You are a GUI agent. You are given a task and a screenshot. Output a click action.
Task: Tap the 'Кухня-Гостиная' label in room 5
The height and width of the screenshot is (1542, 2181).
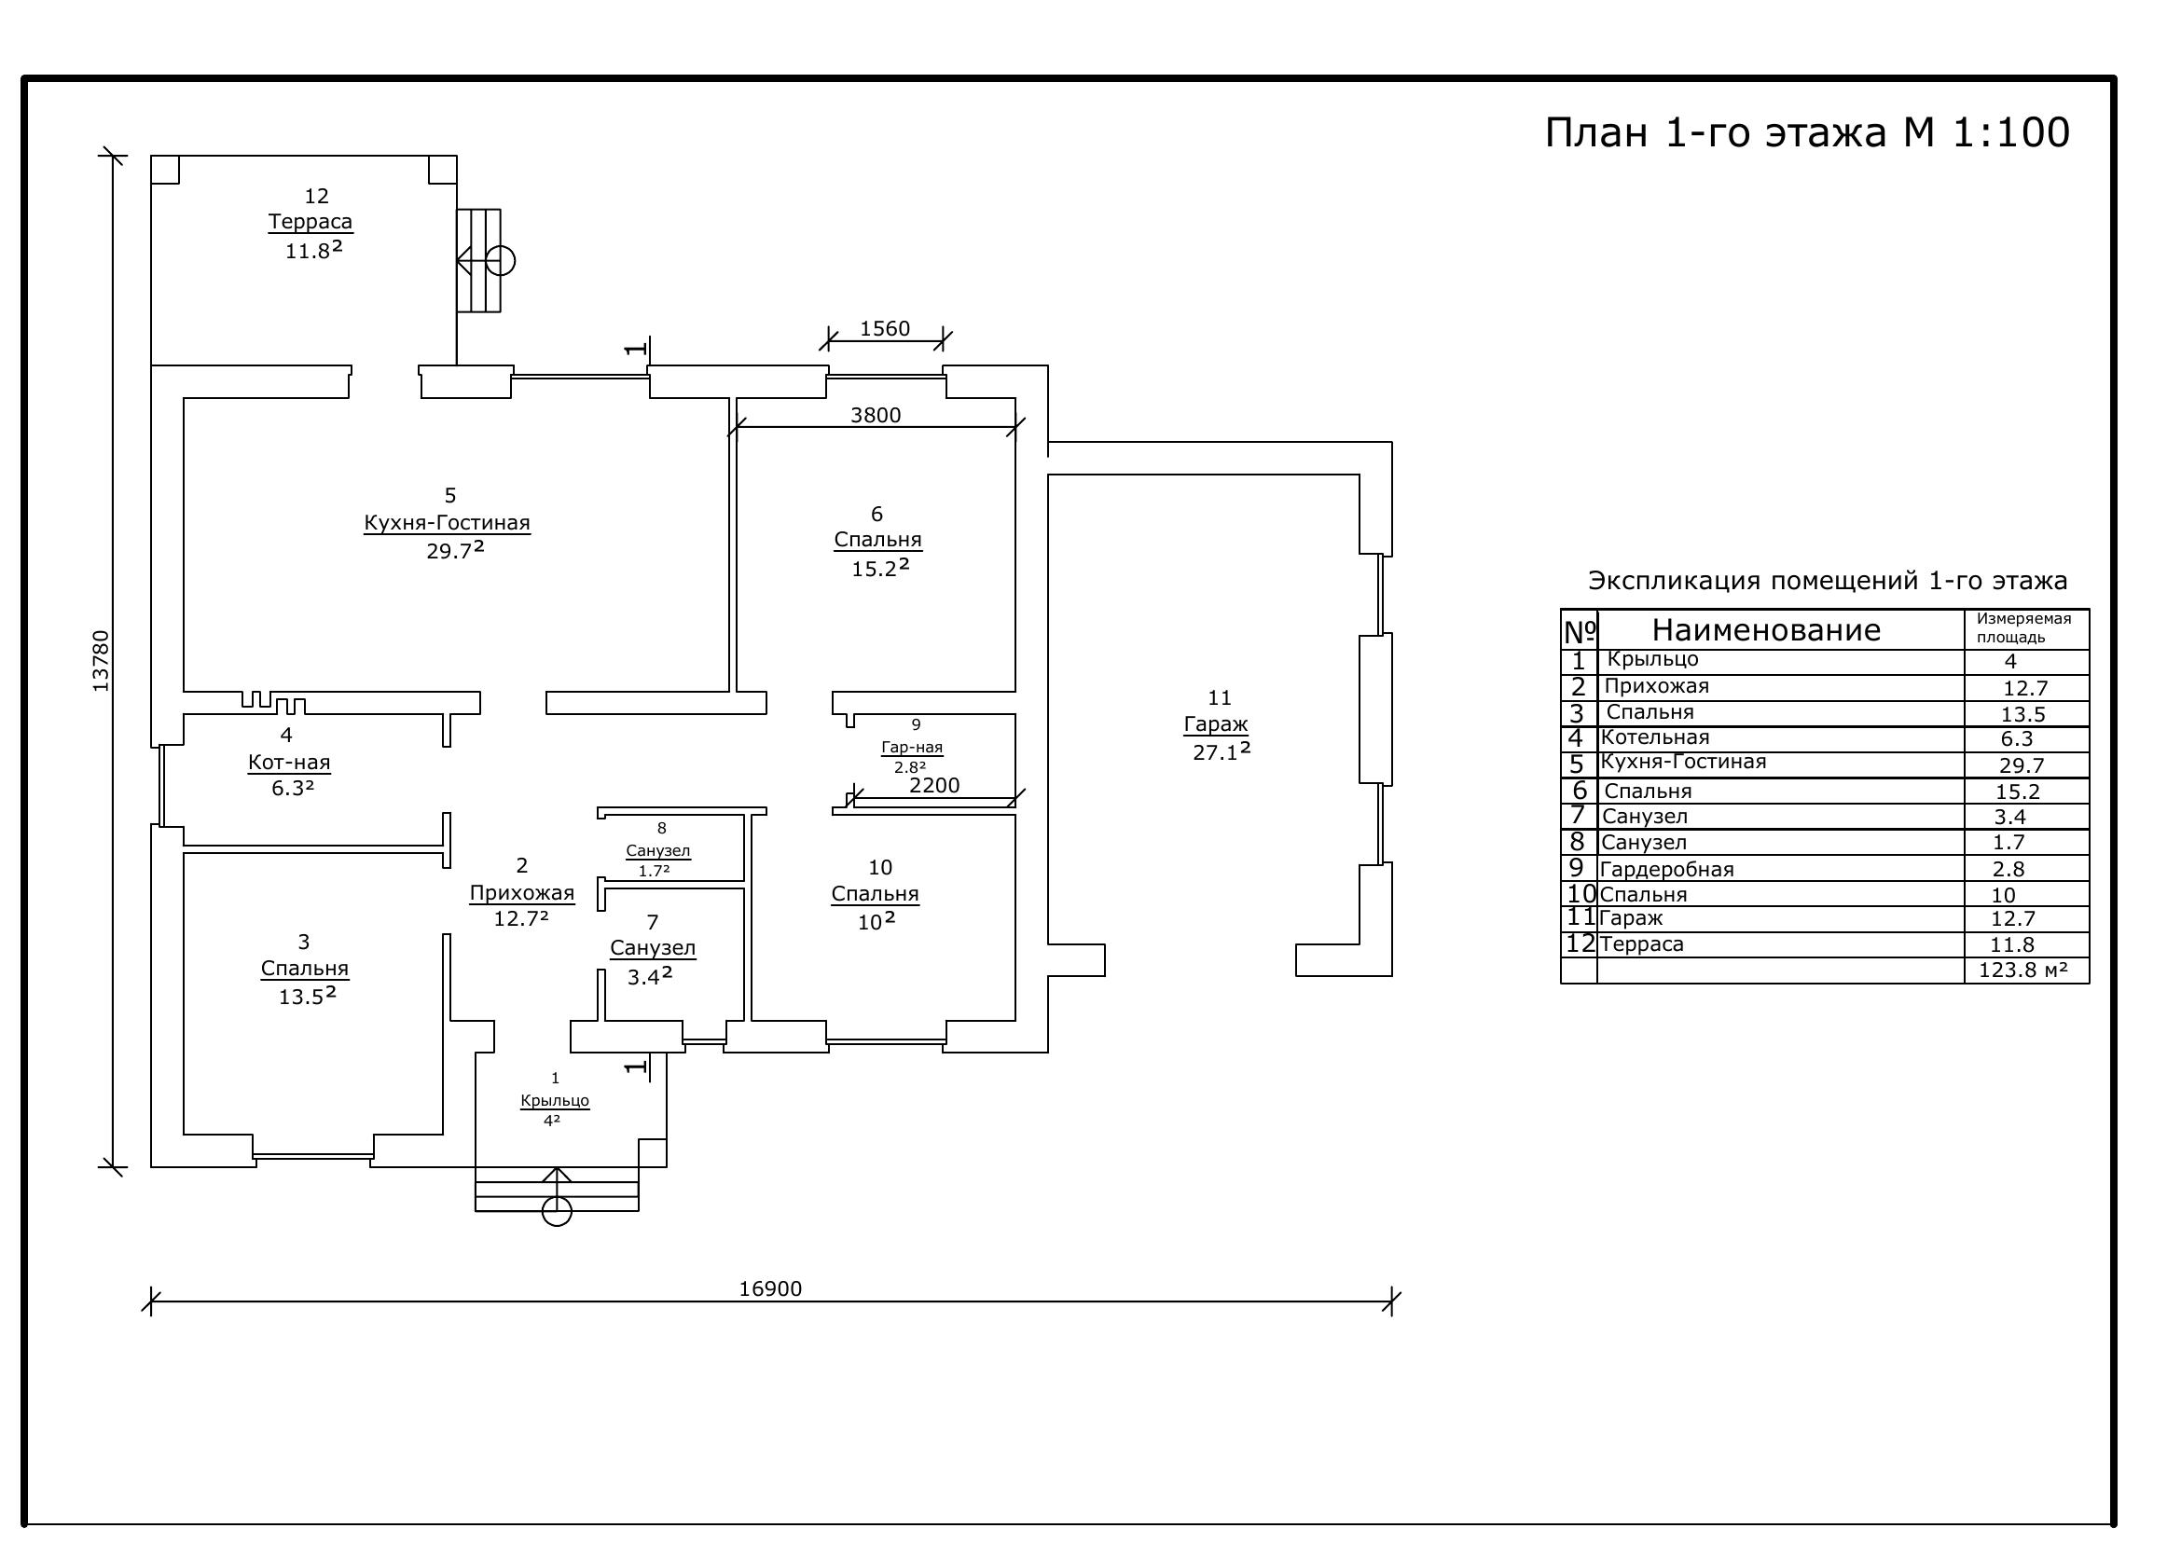click(448, 523)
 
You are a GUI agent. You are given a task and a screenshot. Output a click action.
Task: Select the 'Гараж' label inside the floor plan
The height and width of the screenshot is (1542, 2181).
click(1216, 724)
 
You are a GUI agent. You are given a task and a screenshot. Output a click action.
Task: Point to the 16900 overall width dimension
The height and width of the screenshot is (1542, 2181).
click(770, 1288)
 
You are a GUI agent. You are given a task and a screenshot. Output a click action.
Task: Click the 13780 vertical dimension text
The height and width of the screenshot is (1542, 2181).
click(102, 661)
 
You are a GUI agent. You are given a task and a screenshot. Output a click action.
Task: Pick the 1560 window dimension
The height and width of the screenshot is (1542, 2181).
click(884, 328)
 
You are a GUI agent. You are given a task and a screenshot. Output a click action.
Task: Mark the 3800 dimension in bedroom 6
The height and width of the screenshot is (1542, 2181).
click(875, 415)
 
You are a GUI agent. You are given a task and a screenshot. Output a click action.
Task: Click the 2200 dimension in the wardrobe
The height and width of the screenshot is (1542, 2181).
click(934, 785)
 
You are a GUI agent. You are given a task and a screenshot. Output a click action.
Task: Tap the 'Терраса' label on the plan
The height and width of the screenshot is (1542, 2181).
click(311, 222)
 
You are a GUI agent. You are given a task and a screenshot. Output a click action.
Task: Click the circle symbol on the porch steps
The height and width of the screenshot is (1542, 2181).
click(557, 1212)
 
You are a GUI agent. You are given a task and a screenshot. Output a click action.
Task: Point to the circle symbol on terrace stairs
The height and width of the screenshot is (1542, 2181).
click(501, 260)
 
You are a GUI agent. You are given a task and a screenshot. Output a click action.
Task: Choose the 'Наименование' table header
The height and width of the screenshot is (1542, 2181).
click(1766, 630)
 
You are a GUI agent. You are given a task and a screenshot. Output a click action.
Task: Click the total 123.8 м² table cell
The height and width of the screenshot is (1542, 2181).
click(2022, 970)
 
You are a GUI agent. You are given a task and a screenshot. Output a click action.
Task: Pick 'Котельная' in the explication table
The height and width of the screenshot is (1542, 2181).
click(1655, 737)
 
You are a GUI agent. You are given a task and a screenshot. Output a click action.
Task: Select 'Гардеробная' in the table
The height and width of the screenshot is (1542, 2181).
click(1666, 870)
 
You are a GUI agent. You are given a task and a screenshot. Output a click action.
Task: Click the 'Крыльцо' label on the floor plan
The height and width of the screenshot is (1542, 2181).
click(555, 1101)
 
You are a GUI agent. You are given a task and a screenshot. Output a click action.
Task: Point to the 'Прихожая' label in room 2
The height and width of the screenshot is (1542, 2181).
click(522, 893)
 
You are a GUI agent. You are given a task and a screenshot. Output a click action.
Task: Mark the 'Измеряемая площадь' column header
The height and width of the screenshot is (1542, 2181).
click(2023, 627)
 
